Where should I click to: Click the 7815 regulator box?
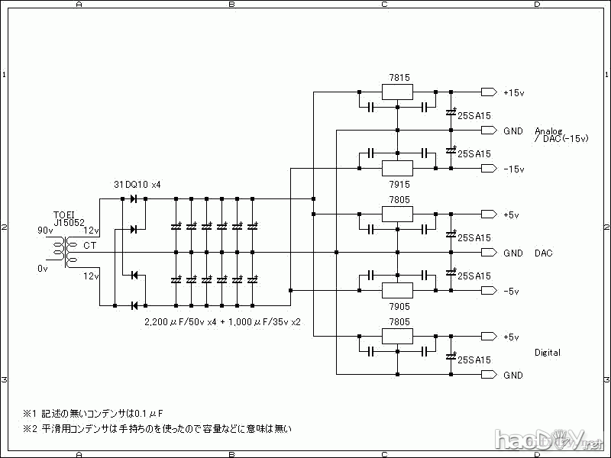click(x=397, y=92)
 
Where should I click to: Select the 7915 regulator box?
click(x=397, y=168)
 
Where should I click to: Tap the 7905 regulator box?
click(x=397, y=290)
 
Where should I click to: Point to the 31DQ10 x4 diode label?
click(x=137, y=185)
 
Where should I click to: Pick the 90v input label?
click(x=46, y=230)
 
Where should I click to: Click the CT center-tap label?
click(x=89, y=245)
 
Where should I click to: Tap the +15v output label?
click(x=513, y=92)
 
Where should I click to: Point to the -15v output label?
click(x=513, y=169)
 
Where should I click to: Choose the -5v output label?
click(x=511, y=291)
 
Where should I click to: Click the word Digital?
click(x=548, y=353)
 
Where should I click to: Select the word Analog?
click(x=548, y=130)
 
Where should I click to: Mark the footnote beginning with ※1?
click(x=92, y=413)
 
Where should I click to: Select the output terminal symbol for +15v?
click(x=489, y=92)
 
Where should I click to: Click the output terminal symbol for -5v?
click(x=489, y=291)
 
